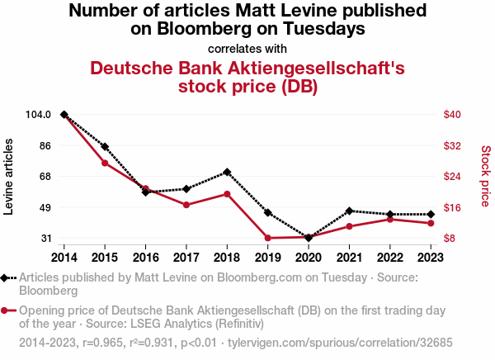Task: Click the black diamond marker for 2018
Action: click(x=226, y=172)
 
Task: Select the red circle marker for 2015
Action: click(x=105, y=163)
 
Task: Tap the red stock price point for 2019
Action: click(x=267, y=238)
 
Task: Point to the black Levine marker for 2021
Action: click(x=350, y=211)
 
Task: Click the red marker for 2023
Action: click(x=431, y=223)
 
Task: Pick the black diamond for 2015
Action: click(x=105, y=147)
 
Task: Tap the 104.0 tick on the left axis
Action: click(x=40, y=115)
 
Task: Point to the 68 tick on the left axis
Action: click(x=45, y=177)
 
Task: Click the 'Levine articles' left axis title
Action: click(x=10, y=177)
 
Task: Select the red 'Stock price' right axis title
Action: click(x=485, y=177)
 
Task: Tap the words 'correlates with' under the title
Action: click(x=247, y=48)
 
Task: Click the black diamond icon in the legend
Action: click(x=7, y=278)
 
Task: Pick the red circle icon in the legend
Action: click(x=7, y=310)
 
